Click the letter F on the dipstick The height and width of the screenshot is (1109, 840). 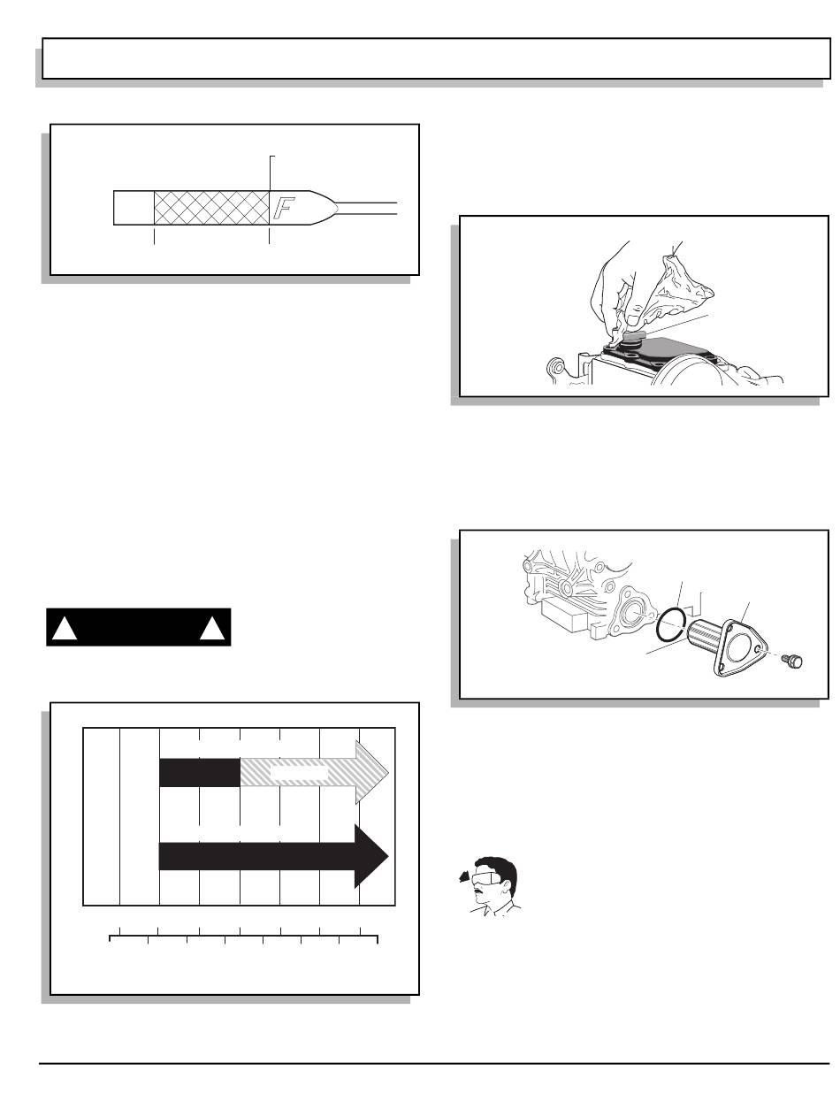(x=283, y=208)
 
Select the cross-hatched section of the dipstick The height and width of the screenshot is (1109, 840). (x=211, y=208)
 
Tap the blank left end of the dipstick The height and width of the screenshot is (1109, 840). (x=134, y=208)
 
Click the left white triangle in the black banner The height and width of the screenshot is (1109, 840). (x=65, y=629)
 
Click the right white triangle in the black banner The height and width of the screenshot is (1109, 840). (x=212, y=629)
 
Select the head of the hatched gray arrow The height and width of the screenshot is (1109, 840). (x=372, y=771)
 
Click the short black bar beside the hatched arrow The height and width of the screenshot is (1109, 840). (x=200, y=773)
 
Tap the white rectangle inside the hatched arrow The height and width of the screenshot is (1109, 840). (x=300, y=773)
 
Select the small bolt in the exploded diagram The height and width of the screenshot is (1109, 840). (x=792, y=661)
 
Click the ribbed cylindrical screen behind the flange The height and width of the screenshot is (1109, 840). (x=705, y=635)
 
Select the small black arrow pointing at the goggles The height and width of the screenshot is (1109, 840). (x=464, y=878)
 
